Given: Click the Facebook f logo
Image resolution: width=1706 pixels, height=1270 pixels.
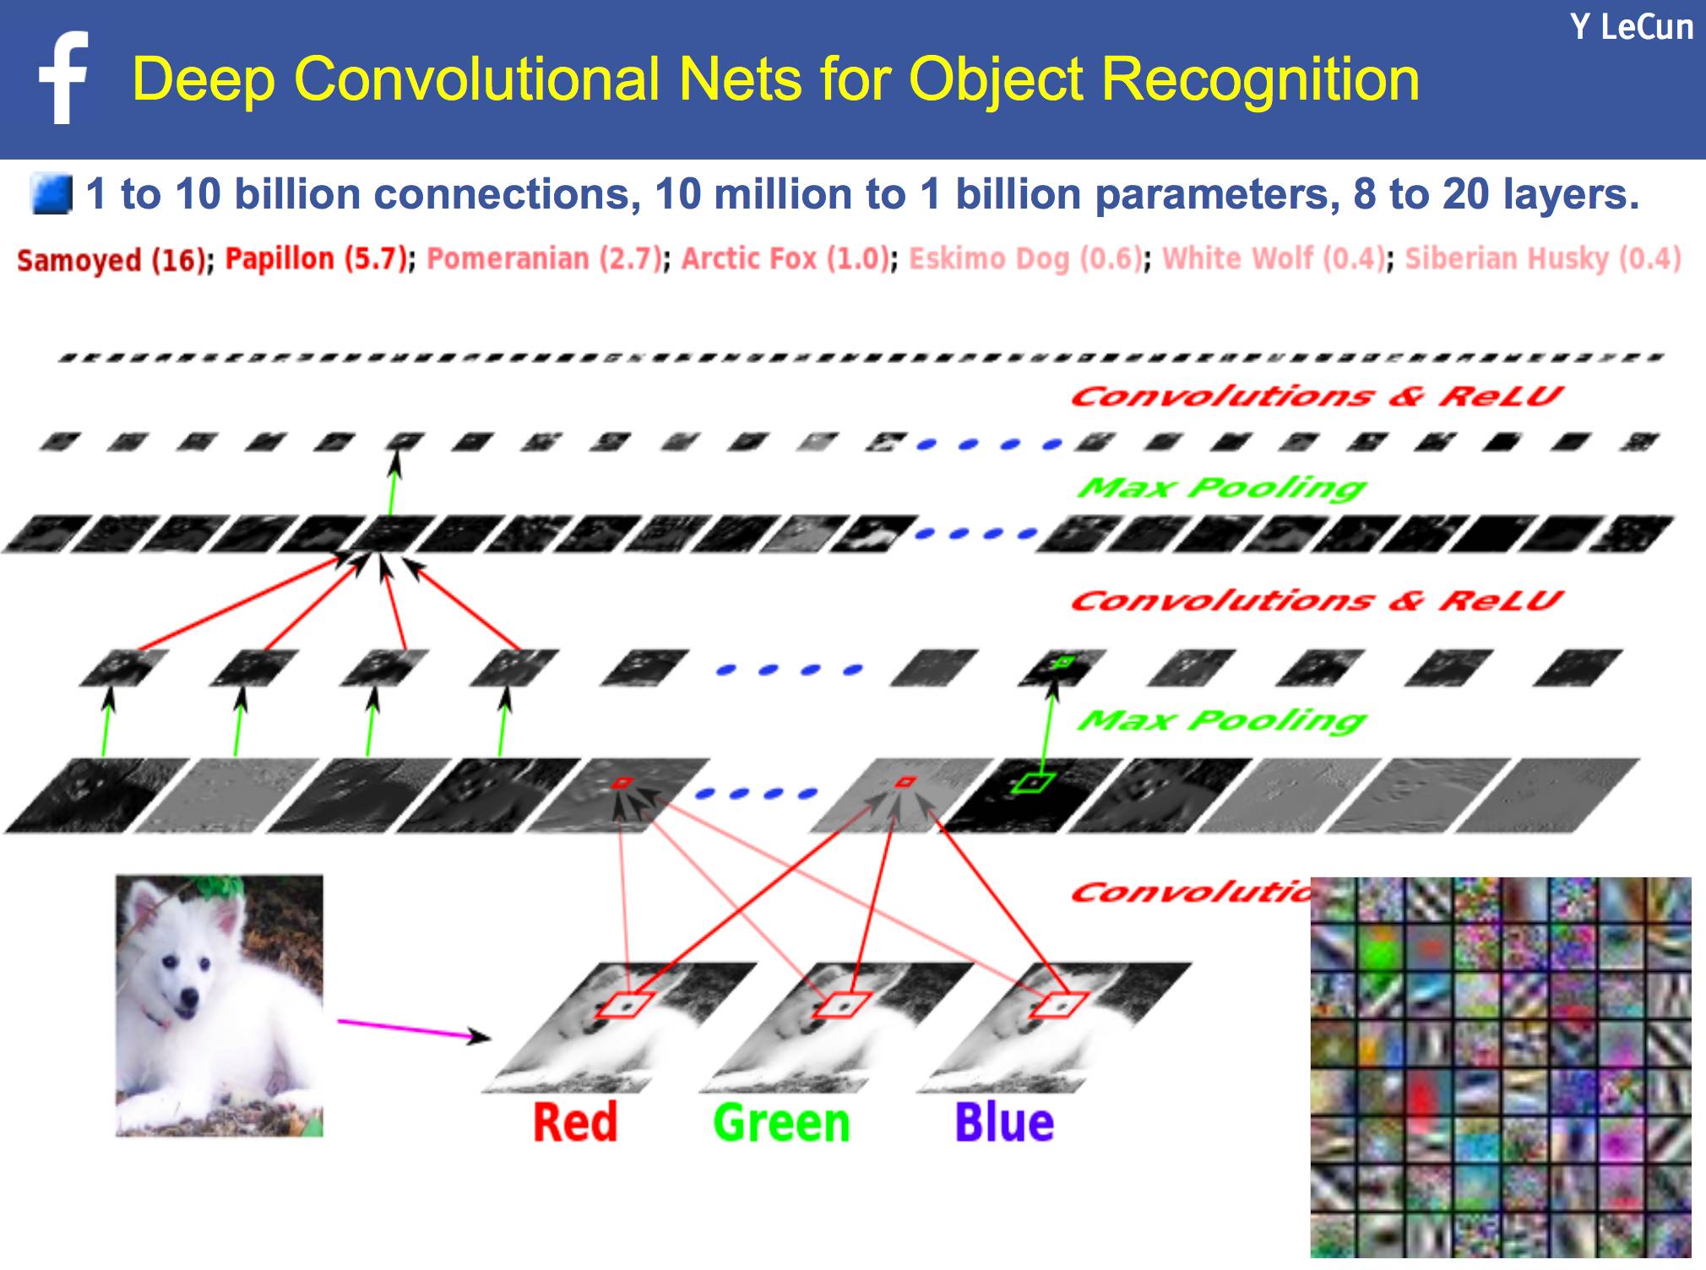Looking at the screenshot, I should point(64,78).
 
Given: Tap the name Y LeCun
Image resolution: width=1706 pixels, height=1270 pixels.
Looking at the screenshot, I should point(1631,28).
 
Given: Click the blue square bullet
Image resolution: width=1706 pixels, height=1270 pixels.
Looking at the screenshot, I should point(51,194).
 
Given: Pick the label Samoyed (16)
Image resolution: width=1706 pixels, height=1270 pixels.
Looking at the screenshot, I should point(111,259).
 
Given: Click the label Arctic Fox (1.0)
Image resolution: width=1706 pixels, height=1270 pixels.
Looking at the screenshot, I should point(785,258).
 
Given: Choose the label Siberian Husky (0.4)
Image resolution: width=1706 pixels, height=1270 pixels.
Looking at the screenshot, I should point(1542,258).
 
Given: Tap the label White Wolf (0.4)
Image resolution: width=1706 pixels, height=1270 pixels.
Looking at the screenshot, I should point(1274,258).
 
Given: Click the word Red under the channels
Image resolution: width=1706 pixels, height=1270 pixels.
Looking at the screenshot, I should point(575,1123).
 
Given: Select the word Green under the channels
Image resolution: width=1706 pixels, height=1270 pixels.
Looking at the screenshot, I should point(781,1123).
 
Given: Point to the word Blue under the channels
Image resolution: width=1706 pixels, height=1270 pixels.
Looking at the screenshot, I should point(1004,1123).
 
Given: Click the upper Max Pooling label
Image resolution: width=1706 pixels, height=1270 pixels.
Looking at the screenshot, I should point(1221,487).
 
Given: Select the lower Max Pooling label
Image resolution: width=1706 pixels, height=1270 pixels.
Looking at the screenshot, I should point(1221,719).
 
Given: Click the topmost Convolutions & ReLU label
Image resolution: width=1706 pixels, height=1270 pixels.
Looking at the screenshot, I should point(1316,396).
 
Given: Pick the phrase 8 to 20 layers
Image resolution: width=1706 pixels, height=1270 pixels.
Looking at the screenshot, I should point(1495,194).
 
